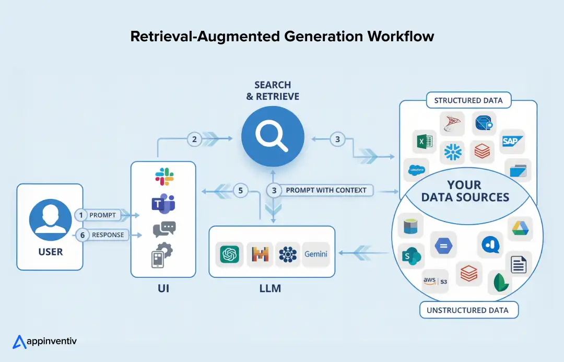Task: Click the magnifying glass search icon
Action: [272, 137]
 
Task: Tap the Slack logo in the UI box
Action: [164, 177]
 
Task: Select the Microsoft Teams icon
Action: [163, 203]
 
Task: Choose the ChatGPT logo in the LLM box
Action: [230, 254]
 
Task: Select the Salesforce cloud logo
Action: [416, 170]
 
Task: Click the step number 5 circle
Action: [241, 191]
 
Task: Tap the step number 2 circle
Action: [194, 139]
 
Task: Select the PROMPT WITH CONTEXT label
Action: [326, 190]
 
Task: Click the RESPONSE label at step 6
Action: [108, 235]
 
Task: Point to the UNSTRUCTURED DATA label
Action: [467, 310]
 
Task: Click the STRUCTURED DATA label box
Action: [468, 101]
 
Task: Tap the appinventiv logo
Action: [44, 342]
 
